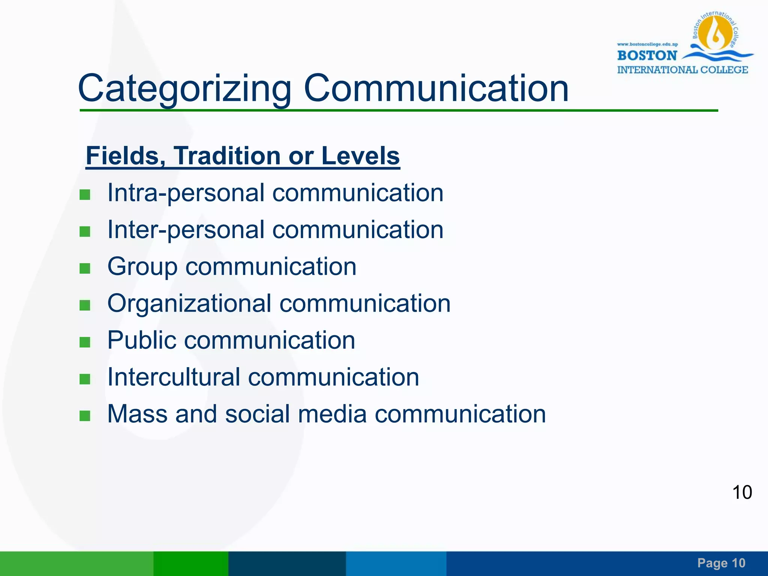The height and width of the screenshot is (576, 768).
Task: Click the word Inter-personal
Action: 186,230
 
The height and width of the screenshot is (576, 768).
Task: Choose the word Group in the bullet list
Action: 142,267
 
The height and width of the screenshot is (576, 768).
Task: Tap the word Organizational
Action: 189,303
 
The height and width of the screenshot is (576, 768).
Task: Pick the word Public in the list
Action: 142,340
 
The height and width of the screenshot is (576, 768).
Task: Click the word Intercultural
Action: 174,377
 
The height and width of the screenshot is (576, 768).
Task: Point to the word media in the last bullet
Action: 332,414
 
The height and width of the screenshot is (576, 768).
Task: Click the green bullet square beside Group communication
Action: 85,268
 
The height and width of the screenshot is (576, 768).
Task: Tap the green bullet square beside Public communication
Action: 85,342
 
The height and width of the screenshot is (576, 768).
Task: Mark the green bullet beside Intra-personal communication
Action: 85,195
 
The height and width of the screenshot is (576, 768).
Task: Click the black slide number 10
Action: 742,492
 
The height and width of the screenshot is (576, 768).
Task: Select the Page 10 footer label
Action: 721,563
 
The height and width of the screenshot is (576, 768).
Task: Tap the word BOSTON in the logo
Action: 647,55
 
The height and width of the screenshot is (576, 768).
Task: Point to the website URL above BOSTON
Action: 648,44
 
